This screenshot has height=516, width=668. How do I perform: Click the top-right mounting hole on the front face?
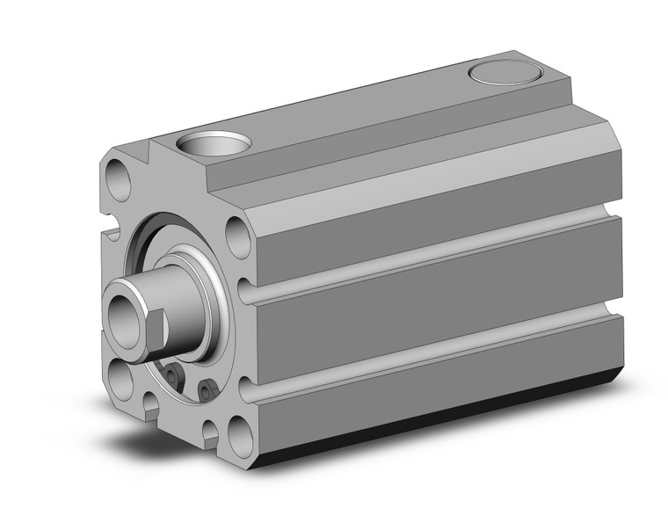point(237,236)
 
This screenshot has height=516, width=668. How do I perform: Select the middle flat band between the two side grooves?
point(431,299)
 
